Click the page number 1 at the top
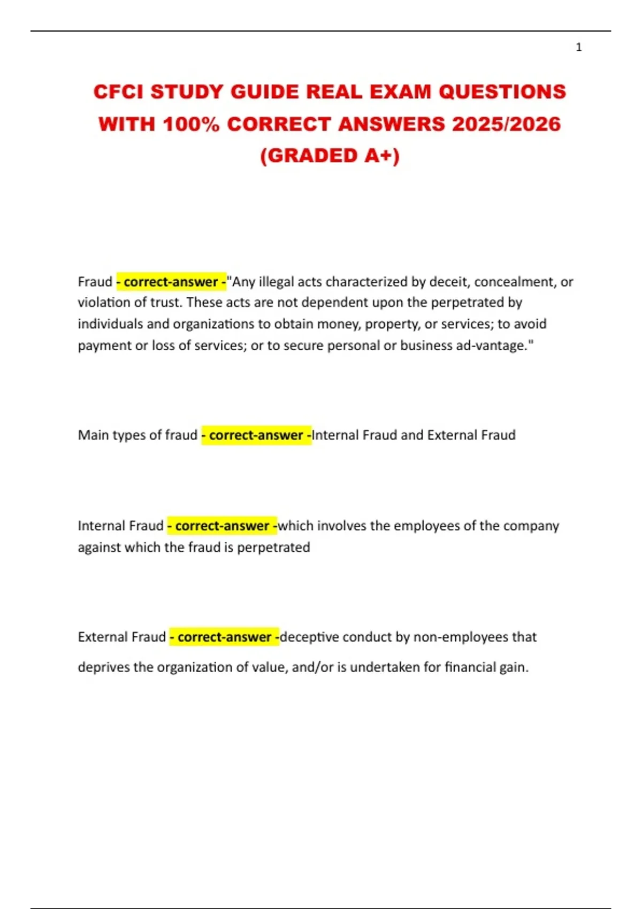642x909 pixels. point(578,48)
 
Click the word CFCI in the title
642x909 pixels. point(119,92)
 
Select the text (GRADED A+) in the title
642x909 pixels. point(330,156)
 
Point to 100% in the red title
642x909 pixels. point(191,124)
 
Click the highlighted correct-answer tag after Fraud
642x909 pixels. point(171,282)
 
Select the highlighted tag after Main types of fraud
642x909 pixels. point(256,435)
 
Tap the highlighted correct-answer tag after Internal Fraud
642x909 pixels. point(222,526)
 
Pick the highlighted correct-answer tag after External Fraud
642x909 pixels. point(224,637)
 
